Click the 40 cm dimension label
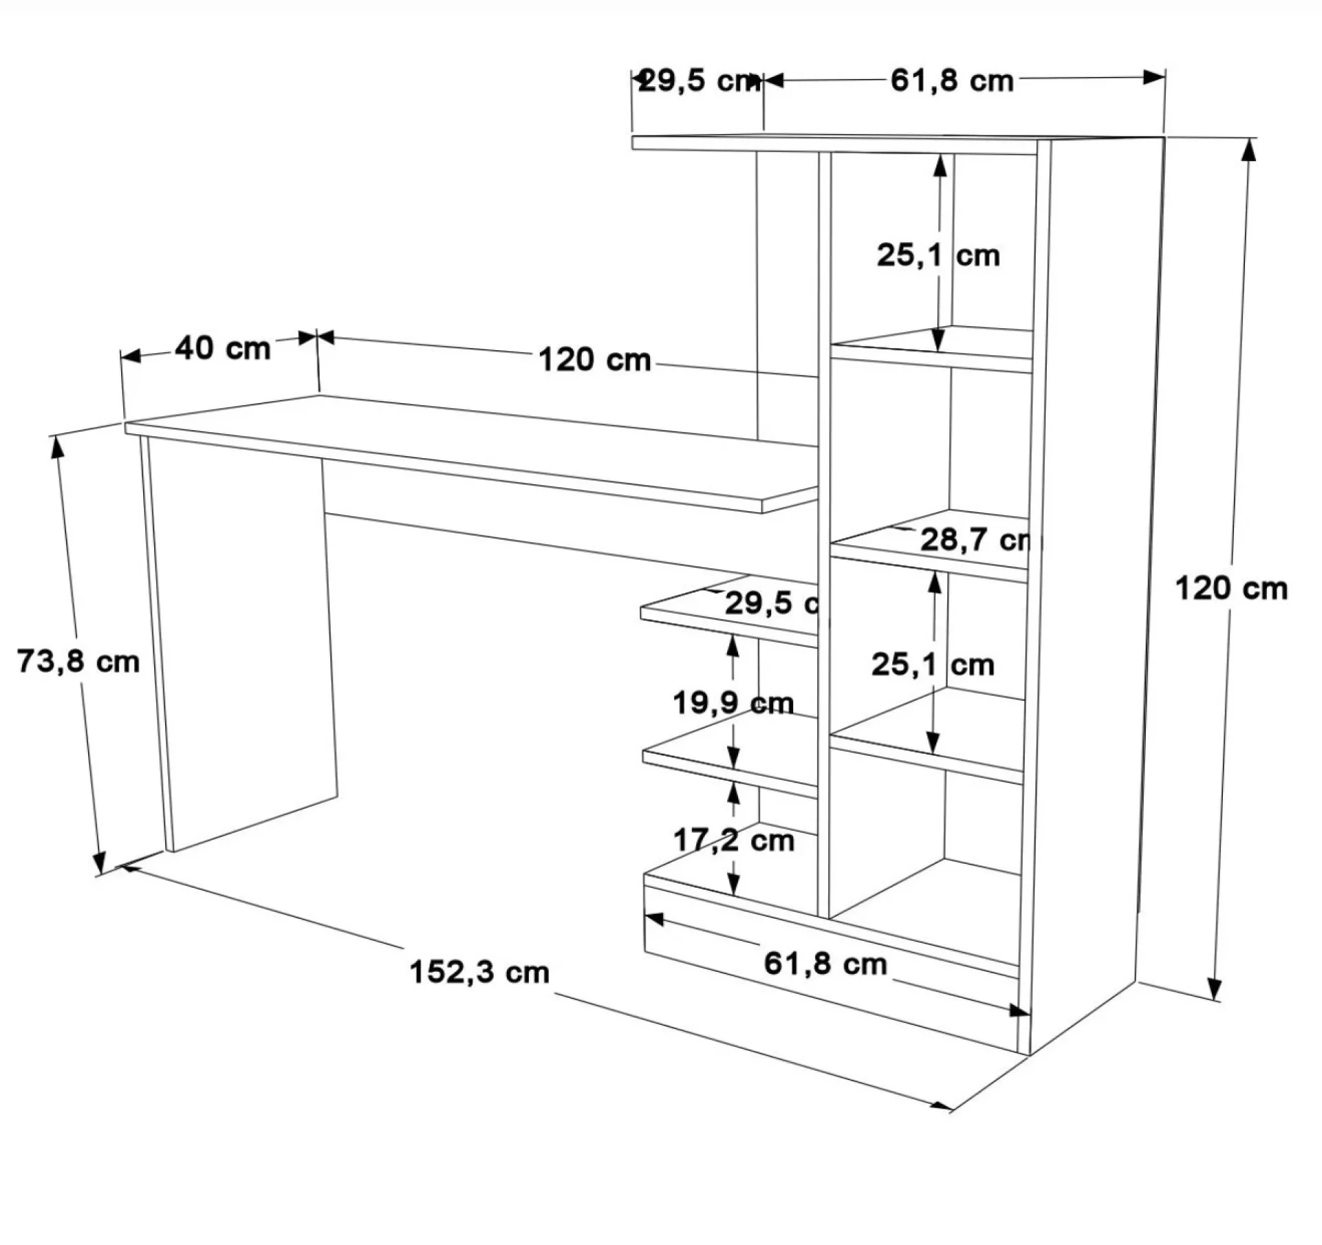[x=222, y=348]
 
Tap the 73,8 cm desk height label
[x=78, y=661]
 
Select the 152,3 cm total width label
[x=480, y=972]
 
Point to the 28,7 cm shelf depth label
[x=976, y=540]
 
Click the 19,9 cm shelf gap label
[x=733, y=703]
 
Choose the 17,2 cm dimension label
[x=733, y=840]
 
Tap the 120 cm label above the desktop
[x=594, y=360]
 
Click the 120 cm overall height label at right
[x=1231, y=589]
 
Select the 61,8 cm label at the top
[x=952, y=81]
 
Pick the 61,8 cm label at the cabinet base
[x=826, y=964]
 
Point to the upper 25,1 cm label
[x=938, y=255]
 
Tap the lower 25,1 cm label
[x=933, y=665]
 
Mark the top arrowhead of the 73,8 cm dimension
[x=57, y=447]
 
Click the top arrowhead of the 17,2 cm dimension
[x=734, y=794]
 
